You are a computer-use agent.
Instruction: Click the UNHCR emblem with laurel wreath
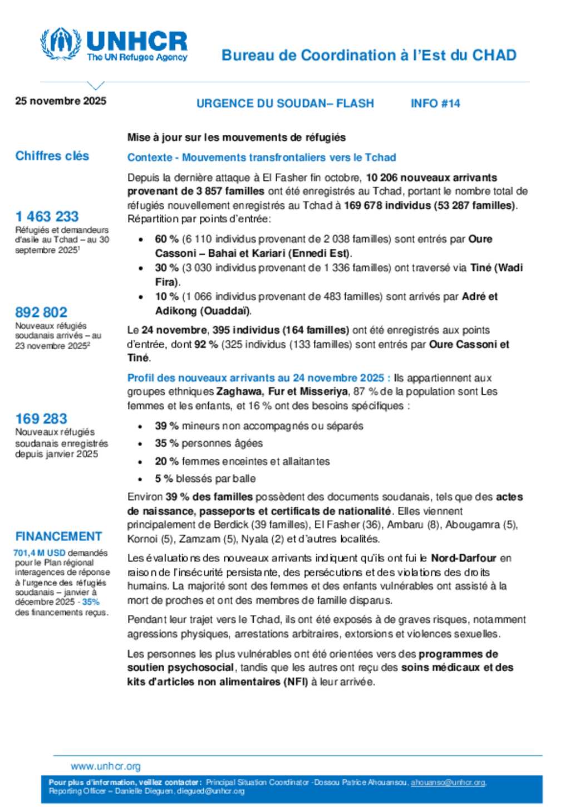60,43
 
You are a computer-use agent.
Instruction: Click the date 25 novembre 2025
61,101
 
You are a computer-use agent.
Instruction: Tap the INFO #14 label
435,103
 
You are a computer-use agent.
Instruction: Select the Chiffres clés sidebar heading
52,156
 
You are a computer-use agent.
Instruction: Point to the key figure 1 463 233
47,216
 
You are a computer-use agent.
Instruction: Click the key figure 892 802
41,312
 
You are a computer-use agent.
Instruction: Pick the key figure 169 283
41,418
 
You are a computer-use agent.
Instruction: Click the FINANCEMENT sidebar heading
58,536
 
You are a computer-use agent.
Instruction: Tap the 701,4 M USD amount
40,552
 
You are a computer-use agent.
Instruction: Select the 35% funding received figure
91,602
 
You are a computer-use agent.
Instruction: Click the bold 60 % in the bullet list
166,239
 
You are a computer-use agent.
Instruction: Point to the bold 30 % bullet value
166,268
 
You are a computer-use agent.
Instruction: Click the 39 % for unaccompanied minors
166,426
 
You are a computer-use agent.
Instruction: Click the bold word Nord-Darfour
464,558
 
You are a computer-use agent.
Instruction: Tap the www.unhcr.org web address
106,766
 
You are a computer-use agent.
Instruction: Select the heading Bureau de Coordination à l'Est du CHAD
369,55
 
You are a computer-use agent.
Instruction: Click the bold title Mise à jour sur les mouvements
237,138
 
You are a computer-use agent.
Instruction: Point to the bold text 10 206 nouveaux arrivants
431,178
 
